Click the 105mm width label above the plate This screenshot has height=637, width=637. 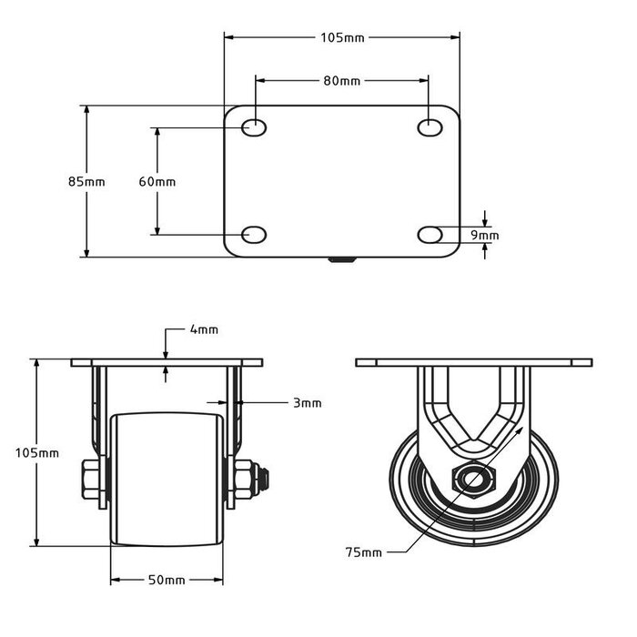click(342, 37)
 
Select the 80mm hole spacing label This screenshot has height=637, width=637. click(342, 81)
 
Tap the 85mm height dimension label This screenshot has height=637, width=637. click(86, 181)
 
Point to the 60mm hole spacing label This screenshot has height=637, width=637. click(157, 181)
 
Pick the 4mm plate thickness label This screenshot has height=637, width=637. click(204, 329)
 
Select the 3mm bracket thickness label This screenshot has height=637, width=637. click(308, 402)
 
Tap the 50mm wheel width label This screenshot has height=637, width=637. click(167, 580)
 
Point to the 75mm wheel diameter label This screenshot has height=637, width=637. click(363, 551)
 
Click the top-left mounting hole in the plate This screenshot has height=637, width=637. click(255, 127)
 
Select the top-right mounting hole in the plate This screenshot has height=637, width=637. click(430, 127)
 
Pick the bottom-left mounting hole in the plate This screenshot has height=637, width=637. click(255, 235)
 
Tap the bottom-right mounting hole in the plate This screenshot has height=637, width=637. click(430, 235)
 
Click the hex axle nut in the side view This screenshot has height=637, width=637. click(470, 479)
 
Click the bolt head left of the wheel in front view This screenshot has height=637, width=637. click(91, 478)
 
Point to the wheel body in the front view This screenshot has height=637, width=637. click(167, 478)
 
